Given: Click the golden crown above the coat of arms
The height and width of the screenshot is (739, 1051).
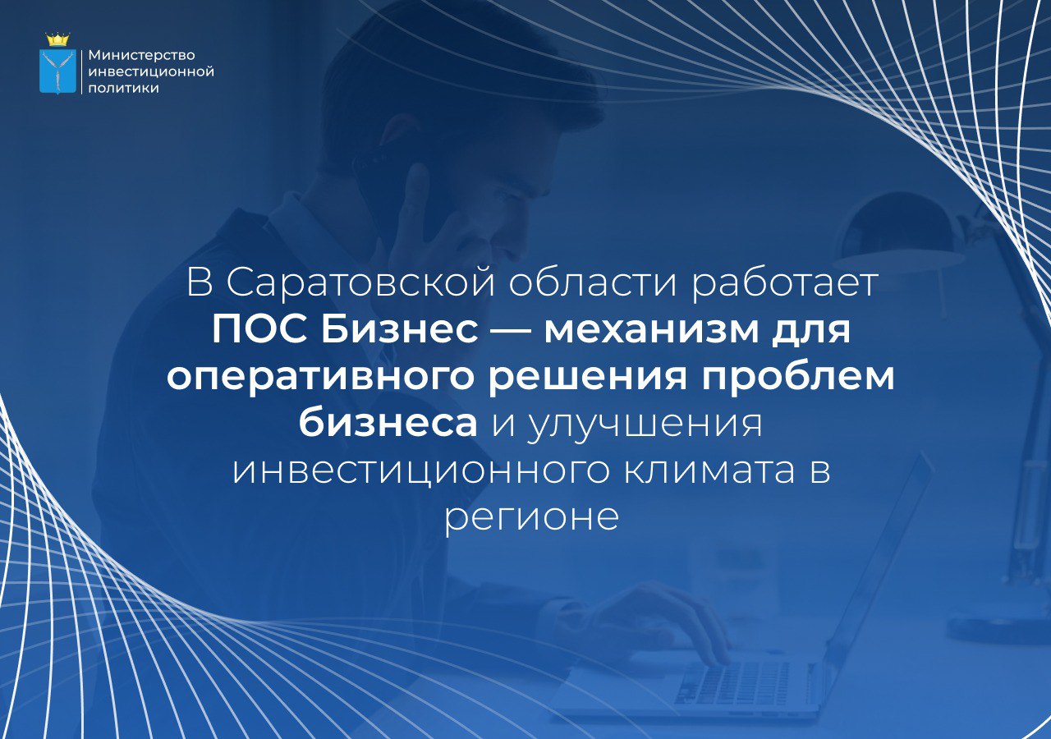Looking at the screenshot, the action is point(57,39).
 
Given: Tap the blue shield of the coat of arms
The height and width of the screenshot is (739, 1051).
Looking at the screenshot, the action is point(57,71).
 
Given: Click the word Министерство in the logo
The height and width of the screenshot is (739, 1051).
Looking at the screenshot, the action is point(142,55).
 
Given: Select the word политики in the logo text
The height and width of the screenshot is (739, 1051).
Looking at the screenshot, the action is point(123,88).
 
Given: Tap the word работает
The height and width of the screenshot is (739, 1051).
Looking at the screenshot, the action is point(784,283).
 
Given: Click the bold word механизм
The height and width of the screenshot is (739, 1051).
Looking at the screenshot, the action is point(651,330).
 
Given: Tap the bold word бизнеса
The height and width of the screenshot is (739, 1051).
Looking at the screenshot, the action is point(388,425).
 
